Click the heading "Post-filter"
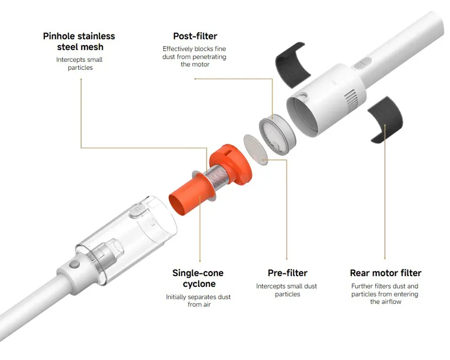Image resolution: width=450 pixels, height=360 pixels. point(195,36)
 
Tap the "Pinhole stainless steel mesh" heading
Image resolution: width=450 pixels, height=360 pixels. point(79,41)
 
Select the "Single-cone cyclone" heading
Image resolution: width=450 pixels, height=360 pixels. point(198,278)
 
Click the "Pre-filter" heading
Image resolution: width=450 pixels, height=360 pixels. point(287,273)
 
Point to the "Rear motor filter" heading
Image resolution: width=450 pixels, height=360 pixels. point(386,273)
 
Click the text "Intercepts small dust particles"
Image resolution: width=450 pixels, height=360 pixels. point(287,290)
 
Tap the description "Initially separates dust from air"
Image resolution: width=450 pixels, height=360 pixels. point(199,300)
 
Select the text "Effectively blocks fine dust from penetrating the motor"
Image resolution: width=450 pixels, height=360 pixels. point(194,57)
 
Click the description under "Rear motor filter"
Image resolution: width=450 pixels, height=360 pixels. point(385,294)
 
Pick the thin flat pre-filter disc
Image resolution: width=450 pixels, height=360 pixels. point(255,149)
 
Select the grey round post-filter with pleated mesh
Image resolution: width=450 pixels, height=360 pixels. point(277,134)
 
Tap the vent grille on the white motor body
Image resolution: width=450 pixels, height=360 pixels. point(351,101)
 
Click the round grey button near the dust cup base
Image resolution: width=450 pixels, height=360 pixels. point(75,264)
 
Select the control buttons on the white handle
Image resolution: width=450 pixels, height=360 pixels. point(362,64)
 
